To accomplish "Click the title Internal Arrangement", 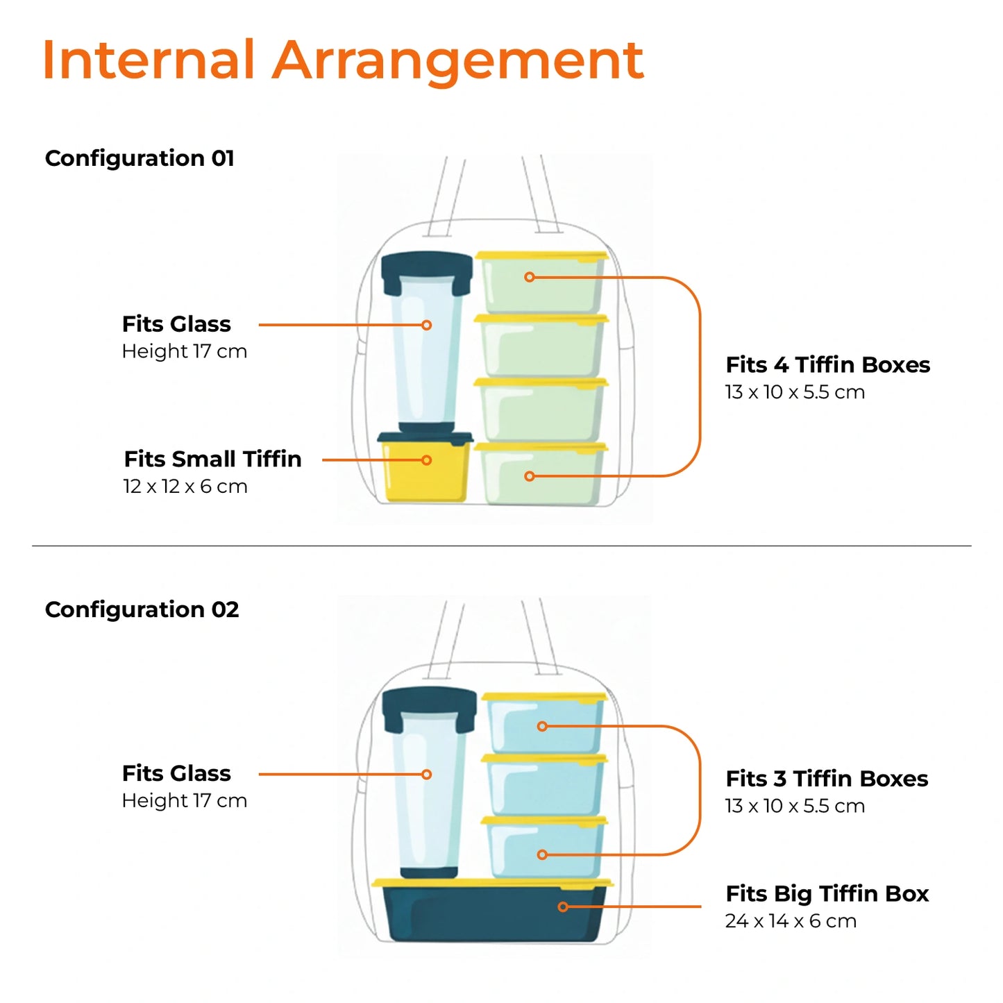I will [343, 60].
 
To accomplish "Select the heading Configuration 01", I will [140, 158].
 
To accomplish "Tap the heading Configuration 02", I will [142, 609].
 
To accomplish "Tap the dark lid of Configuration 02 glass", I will [429, 702].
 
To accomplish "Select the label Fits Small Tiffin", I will [212, 459].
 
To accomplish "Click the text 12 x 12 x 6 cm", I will [185, 486].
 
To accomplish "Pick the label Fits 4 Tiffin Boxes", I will [827, 364].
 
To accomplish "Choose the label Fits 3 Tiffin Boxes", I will [827, 779].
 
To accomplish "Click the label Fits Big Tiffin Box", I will [827, 893].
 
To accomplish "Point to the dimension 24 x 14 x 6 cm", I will [791, 921].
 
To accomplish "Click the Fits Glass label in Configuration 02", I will [176, 773].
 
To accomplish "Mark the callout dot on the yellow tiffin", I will [427, 460].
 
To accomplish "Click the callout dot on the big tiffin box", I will [563, 907].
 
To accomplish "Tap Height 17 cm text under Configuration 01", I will [185, 351].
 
